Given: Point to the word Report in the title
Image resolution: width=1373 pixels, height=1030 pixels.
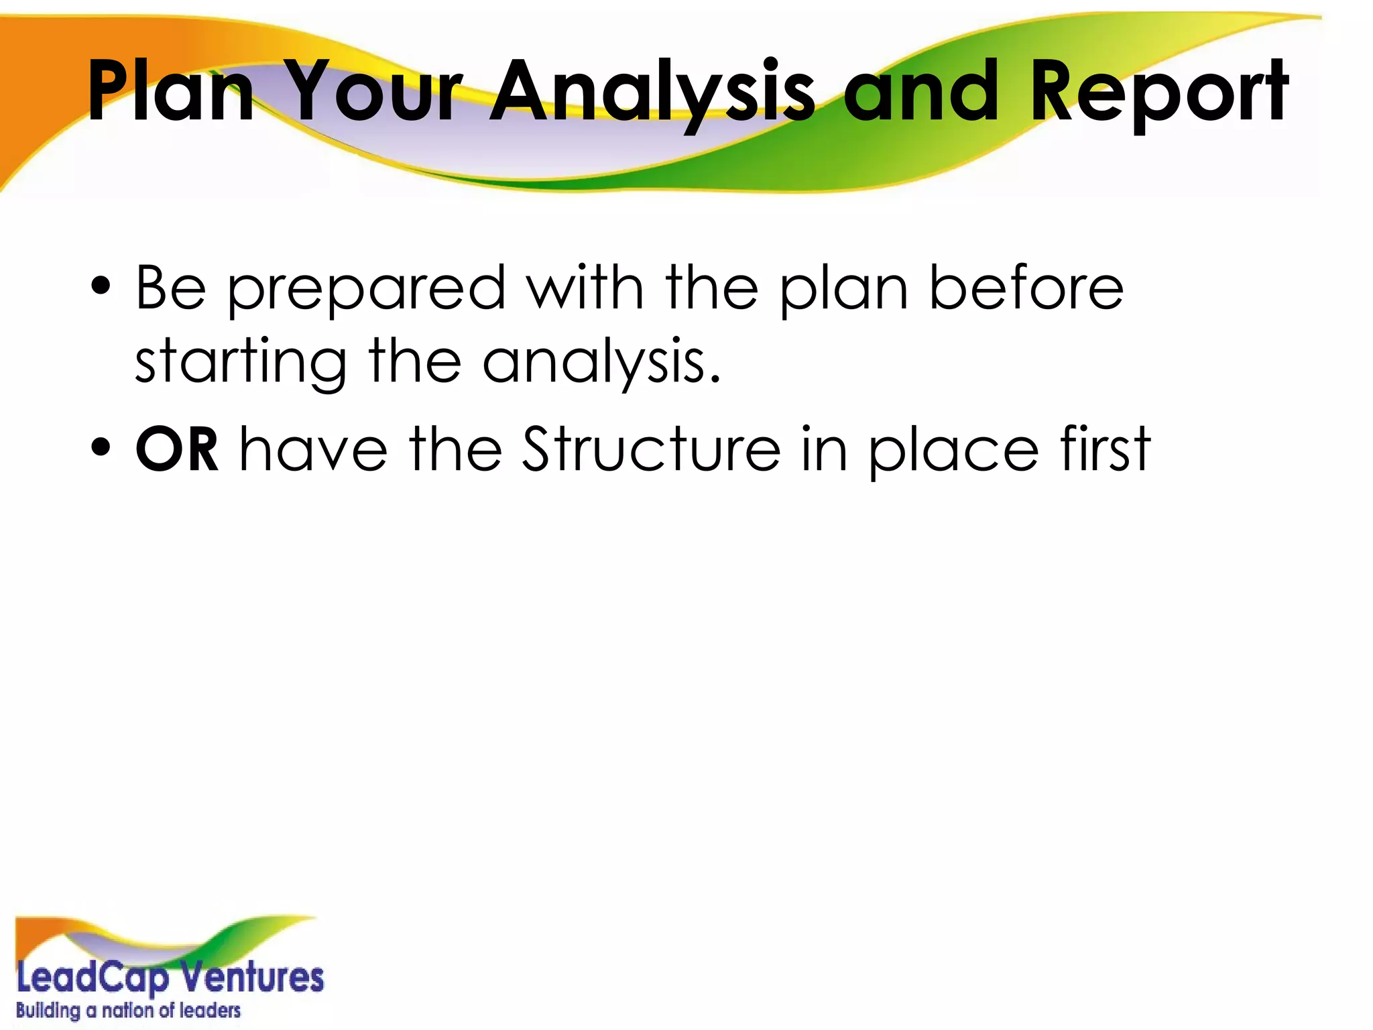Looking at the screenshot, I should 1158,93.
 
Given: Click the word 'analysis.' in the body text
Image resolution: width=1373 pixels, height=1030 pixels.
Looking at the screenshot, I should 601,363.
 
